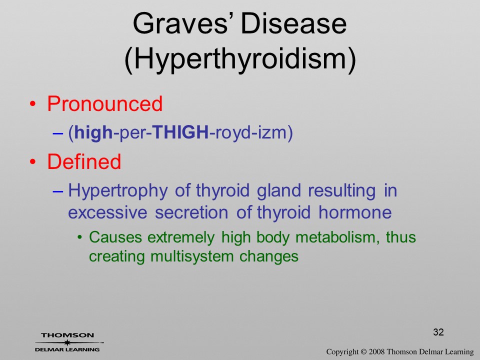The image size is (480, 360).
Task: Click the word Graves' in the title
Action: click(x=185, y=23)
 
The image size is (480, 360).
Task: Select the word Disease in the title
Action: click(x=294, y=23)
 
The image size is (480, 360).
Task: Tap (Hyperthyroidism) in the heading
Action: click(x=240, y=59)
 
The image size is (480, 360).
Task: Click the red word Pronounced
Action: click(x=104, y=103)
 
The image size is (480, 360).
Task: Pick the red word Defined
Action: click(x=84, y=161)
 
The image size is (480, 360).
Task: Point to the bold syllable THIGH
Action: click(x=180, y=132)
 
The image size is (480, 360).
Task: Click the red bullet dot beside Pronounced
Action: click(x=32, y=104)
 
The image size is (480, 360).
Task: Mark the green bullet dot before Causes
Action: click(x=80, y=237)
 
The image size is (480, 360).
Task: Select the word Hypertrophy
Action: click(x=118, y=190)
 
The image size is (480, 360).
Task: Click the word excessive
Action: click(x=107, y=213)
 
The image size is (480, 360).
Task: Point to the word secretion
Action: click(x=191, y=213)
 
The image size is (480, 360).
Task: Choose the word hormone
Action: click(x=355, y=213)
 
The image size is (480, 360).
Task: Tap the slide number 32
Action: click(x=438, y=332)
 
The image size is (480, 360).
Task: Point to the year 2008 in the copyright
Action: click(x=376, y=351)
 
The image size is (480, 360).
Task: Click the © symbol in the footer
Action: click(x=363, y=351)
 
